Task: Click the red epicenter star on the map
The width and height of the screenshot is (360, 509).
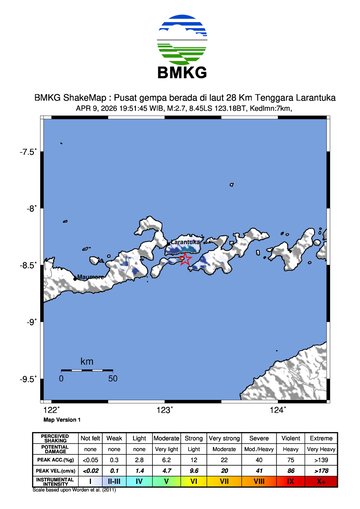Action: tap(185, 259)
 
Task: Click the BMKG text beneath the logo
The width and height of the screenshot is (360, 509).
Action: tap(179, 73)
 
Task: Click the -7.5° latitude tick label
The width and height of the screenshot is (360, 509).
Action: tap(30, 152)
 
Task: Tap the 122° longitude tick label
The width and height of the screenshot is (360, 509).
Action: tap(52, 410)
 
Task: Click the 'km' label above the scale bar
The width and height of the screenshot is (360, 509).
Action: tap(87, 361)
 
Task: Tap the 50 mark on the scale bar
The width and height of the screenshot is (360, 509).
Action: tap(112, 379)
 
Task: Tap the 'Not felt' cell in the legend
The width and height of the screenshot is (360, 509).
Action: tap(90, 437)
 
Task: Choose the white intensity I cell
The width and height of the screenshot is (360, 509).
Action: tap(90, 481)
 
